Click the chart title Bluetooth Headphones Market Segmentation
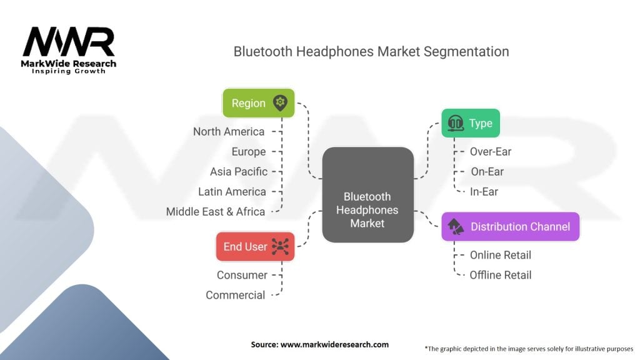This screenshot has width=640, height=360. pyautogui.click(x=371, y=51)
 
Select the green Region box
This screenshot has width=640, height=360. pyautogui.click(x=258, y=103)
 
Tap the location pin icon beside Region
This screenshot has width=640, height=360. pyautogui.click(x=279, y=103)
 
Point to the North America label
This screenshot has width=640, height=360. pyautogui.click(x=229, y=132)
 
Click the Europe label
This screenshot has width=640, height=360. pyautogui.click(x=248, y=152)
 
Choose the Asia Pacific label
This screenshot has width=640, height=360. pyautogui.click(x=239, y=172)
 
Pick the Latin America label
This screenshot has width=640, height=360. pyautogui.click(x=232, y=192)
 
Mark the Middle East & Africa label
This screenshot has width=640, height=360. pyautogui.click(x=216, y=212)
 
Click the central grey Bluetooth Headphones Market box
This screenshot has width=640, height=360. pyautogui.click(x=367, y=194)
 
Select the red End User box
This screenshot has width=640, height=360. pyautogui.click(x=255, y=246)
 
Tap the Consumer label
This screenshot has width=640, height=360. pyautogui.click(x=242, y=275)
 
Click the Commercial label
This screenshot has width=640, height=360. pyautogui.click(x=236, y=295)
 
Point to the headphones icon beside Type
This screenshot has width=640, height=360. pyautogui.click(x=455, y=124)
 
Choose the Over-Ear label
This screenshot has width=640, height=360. pyautogui.click(x=491, y=151)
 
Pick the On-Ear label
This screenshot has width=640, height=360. pyautogui.click(x=487, y=172)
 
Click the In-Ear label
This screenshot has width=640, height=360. pyautogui.click(x=484, y=192)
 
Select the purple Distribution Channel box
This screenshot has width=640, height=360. pyautogui.click(x=510, y=226)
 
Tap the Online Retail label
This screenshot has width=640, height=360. pyautogui.click(x=501, y=255)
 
